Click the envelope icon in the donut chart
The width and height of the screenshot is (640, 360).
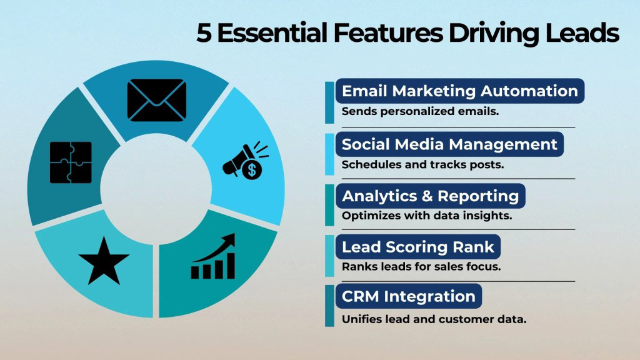157,100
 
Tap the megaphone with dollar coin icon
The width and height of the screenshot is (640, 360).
244,162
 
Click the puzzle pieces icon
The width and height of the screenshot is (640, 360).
71,162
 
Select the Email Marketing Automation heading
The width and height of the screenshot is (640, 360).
459,91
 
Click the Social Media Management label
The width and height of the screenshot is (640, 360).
449,145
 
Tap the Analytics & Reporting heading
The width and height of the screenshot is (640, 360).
430,196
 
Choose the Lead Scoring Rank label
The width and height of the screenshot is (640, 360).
417,247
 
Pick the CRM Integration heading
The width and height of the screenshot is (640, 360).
408,296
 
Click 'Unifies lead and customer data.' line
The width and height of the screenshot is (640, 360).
434,318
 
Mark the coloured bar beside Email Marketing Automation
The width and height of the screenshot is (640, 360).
329,102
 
